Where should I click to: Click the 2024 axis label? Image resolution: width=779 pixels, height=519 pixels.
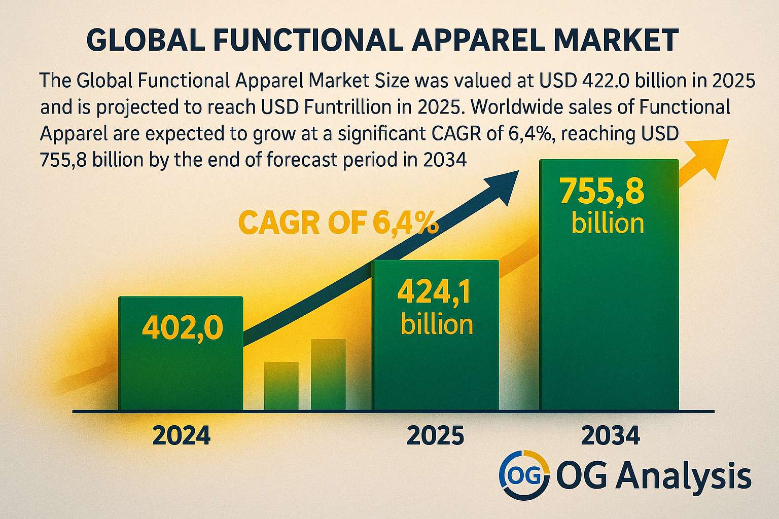coord(181,435)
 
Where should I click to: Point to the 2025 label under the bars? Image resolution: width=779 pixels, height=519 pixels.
coord(435,435)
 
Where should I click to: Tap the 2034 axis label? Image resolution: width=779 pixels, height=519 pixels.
coord(610,435)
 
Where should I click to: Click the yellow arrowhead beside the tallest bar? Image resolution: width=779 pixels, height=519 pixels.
coord(709,159)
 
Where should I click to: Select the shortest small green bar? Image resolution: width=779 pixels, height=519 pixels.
coord(281,386)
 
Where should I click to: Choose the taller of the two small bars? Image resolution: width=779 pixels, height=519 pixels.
coord(328,375)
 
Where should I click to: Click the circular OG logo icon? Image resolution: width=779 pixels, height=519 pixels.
coord(524,475)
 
